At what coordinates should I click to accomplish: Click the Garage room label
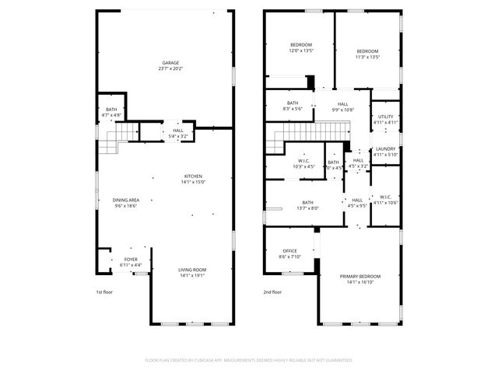tap(170, 65)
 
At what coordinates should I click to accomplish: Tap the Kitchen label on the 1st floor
tap(193, 179)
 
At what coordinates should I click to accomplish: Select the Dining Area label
tap(125, 203)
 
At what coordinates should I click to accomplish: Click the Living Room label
tap(193, 271)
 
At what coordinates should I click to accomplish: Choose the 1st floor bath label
tap(111, 113)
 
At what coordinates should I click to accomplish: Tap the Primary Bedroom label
tap(359, 279)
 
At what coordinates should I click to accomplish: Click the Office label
tap(289, 253)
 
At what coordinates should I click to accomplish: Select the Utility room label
tap(385, 119)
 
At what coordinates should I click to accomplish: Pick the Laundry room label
tap(385, 152)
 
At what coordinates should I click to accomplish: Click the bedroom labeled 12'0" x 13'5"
tap(301, 47)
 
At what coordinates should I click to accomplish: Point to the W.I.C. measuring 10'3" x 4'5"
tap(304, 164)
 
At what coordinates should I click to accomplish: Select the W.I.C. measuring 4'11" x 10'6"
tap(385, 200)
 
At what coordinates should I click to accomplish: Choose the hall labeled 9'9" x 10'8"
tap(342, 106)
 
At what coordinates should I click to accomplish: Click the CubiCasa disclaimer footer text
tap(249, 360)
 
